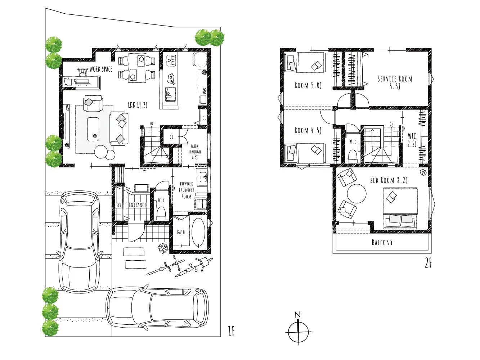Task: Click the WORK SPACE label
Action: [x=101, y=69]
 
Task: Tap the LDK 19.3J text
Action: [x=138, y=105]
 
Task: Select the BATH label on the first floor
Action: [x=181, y=232]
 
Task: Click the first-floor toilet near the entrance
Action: [x=161, y=213]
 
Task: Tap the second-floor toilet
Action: [x=352, y=156]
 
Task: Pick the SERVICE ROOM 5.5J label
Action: [x=395, y=82]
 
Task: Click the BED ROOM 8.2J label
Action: [x=389, y=180]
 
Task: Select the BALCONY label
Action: [x=382, y=242]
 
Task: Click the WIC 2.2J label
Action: [x=412, y=140]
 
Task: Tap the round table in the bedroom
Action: [x=356, y=194]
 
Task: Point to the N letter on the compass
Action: [x=298, y=315]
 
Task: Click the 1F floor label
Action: [x=232, y=331]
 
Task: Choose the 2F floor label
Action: [x=428, y=263]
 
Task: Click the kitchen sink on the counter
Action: [x=170, y=94]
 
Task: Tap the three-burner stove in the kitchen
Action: [x=171, y=60]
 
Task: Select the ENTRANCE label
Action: [x=138, y=205]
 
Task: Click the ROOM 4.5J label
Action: [x=308, y=130]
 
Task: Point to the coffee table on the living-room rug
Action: [x=93, y=129]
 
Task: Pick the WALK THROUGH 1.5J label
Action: [x=194, y=151]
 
